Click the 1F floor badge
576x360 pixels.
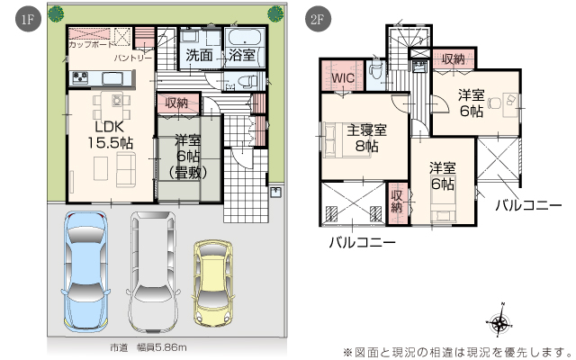(x=28, y=19)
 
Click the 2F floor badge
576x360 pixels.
(x=318, y=19)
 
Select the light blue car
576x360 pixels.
(x=85, y=271)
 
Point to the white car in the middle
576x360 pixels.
(x=153, y=271)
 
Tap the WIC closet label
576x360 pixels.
(x=343, y=78)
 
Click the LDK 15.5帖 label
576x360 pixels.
(x=110, y=135)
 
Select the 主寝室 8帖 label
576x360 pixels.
(x=366, y=138)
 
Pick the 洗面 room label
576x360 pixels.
(x=199, y=56)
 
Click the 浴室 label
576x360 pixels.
(x=242, y=56)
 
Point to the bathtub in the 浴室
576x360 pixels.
(x=245, y=38)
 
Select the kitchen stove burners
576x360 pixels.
(x=80, y=77)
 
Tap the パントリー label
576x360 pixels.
(x=132, y=58)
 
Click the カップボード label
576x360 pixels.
(x=91, y=44)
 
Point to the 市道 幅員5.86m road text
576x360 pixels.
(x=148, y=347)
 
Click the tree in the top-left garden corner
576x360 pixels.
(x=56, y=14)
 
